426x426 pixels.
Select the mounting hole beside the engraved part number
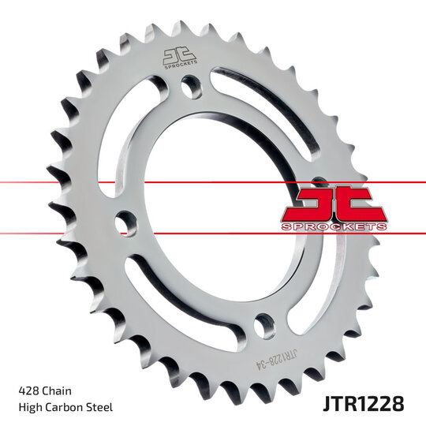tap(265, 323)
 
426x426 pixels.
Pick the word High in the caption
tap(29, 407)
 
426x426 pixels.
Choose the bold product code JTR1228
tap(364, 404)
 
